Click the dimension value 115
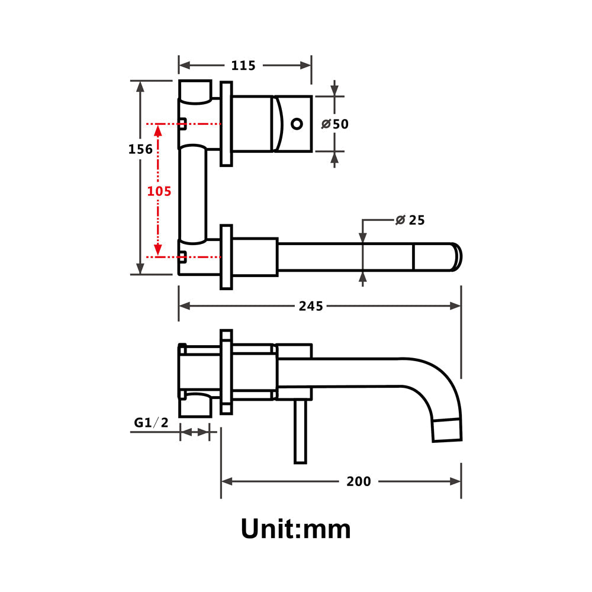pyautogui.click(x=243, y=66)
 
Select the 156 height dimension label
pyautogui.click(x=141, y=149)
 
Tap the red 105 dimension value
pyautogui.click(x=159, y=191)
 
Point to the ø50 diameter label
pyautogui.click(x=335, y=124)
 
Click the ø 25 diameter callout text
pyautogui.click(x=410, y=220)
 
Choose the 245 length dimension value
pyautogui.click(x=311, y=306)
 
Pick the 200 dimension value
pyautogui.click(x=359, y=481)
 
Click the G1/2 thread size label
pyautogui.click(x=151, y=422)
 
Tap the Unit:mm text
pyautogui.click(x=295, y=528)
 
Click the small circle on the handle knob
pyautogui.click(x=297, y=124)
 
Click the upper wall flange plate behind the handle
pyautogui.click(x=226, y=124)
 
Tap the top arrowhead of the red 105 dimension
pyautogui.click(x=158, y=128)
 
